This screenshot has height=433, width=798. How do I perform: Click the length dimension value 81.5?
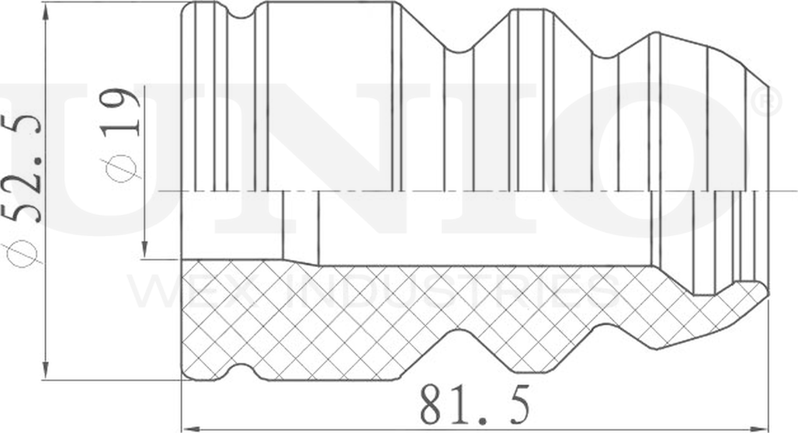[x=475, y=404]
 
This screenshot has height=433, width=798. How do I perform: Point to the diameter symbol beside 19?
[x=123, y=165]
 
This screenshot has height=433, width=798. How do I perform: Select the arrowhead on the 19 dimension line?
[x=145, y=251]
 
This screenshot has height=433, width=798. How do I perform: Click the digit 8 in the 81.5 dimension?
[x=435, y=404]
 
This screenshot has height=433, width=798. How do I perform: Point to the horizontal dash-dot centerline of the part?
[x=466, y=190]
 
